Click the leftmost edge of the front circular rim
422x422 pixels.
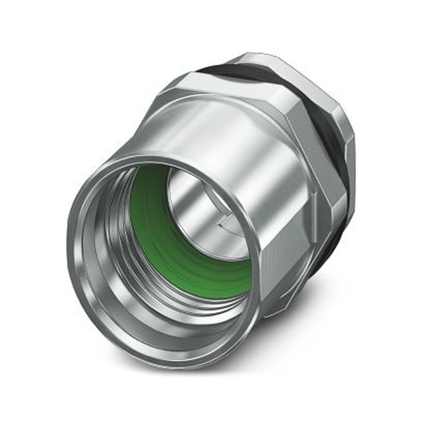[70, 253]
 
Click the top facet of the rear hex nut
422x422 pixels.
[270, 59]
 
